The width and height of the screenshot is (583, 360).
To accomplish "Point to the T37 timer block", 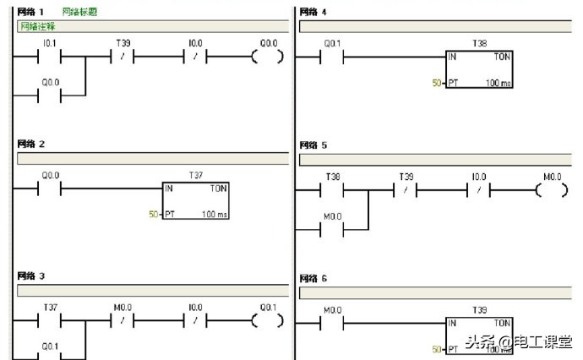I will [195, 200].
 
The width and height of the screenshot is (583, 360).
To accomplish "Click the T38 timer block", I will [479, 69].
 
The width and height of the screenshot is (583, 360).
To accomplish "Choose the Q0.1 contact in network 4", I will [332, 58].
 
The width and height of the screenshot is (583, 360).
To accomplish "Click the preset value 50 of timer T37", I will [153, 215].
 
